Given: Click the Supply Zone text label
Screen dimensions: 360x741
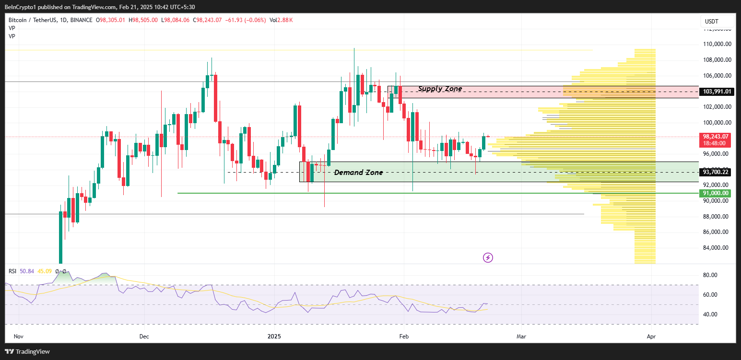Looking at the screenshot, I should click(x=440, y=89).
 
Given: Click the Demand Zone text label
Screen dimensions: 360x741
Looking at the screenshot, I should click(x=358, y=173).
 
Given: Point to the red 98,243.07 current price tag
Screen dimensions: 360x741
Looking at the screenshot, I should click(x=716, y=137).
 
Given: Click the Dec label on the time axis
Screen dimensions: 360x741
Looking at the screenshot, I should click(x=144, y=337).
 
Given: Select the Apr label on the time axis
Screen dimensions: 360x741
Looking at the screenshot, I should click(x=651, y=337).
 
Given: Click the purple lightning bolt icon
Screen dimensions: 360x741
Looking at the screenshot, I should click(x=488, y=258).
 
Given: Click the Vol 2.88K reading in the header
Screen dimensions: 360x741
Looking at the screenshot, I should click(x=281, y=20).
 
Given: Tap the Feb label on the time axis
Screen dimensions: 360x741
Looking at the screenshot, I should click(x=403, y=337).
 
